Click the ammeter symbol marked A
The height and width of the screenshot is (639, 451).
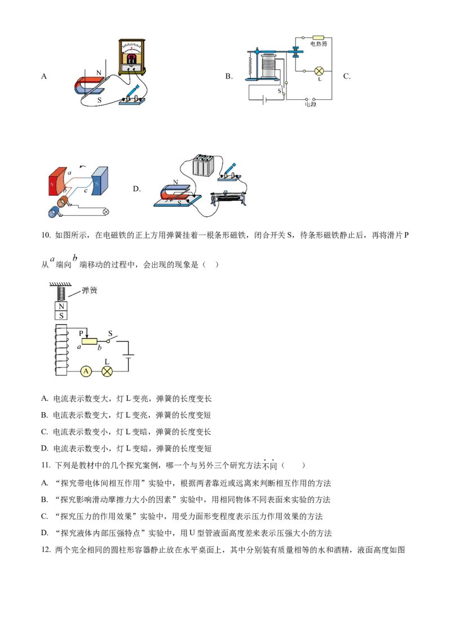coord(86,371)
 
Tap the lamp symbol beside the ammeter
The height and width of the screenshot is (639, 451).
coord(107,371)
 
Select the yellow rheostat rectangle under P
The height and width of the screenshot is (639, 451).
coord(90,341)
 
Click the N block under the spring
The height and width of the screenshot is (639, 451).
coord(61,306)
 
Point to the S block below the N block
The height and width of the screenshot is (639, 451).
coord(61,316)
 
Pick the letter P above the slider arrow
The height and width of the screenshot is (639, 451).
coord(81,333)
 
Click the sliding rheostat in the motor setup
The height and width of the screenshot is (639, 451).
coord(230,199)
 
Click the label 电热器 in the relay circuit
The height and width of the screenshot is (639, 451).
coord(319,43)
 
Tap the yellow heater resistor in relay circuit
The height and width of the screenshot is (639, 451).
coord(318,37)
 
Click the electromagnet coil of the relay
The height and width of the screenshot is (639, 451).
coord(271,65)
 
